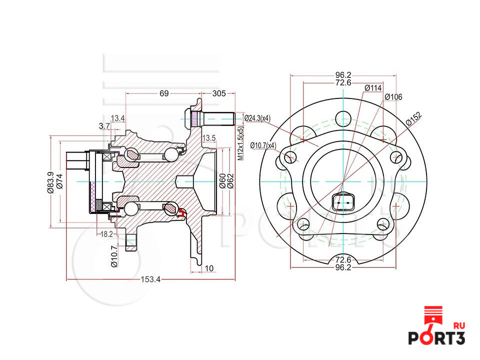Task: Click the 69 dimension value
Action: (x=163, y=93)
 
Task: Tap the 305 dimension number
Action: (x=219, y=93)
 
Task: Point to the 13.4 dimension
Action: (x=118, y=118)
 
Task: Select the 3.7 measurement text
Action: (x=104, y=126)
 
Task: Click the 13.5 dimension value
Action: (x=208, y=137)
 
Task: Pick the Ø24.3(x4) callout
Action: (x=257, y=118)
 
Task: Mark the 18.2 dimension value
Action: (x=106, y=234)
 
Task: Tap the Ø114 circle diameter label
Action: (x=373, y=88)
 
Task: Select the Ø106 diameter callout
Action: (x=393, y=97)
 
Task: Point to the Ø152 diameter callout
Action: (x=413, y=118)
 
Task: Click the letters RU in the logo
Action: (x=458, y=325)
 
